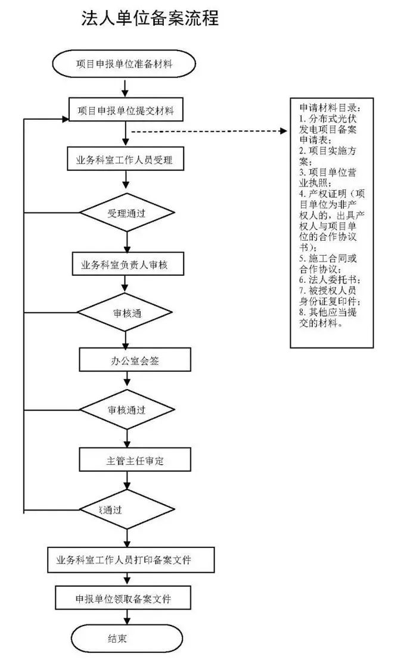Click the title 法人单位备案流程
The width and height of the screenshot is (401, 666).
[x=150, y=18]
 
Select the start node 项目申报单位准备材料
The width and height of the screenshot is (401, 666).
[x=125, y=64]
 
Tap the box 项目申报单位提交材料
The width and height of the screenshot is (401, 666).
[x=125, y=111]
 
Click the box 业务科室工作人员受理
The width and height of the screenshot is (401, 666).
[x=125, y=160]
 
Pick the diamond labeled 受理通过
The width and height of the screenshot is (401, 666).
[x=126, y=213]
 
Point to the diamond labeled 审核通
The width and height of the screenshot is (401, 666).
[x=126, y=312]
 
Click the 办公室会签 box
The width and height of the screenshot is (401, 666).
[x=126, y=360]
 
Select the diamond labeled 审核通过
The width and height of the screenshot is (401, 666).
[x=126, y=410]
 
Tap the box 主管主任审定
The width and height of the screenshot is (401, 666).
[x=126, y=460]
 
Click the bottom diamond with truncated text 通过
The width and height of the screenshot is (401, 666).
[x=126, y=510]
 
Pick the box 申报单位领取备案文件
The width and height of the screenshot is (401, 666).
[x=124, y=599]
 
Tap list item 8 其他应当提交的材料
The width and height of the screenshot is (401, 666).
[x=329, y=318]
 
